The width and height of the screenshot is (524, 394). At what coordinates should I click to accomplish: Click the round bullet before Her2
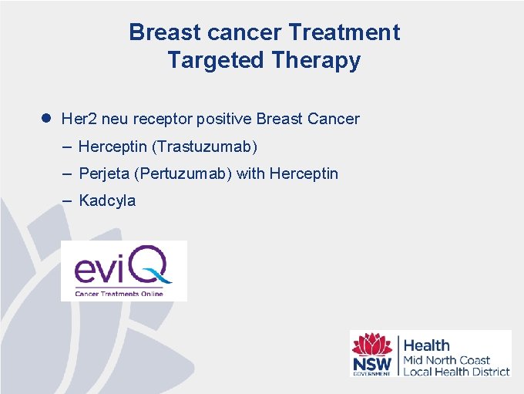pos(45,119)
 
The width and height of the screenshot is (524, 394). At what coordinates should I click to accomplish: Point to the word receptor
pos(163,119)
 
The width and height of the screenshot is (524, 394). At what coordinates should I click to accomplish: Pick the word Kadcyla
pos(107,200)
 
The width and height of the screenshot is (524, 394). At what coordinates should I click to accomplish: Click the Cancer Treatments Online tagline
pos(119,294)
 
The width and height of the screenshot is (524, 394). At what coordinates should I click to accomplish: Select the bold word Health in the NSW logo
pos(427,345)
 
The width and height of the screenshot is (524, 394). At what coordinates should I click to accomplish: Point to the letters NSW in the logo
pos(371,363)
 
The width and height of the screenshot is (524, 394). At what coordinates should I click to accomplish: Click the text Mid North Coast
pos(447,360)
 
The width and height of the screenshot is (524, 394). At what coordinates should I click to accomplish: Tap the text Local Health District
pos(456,371)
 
